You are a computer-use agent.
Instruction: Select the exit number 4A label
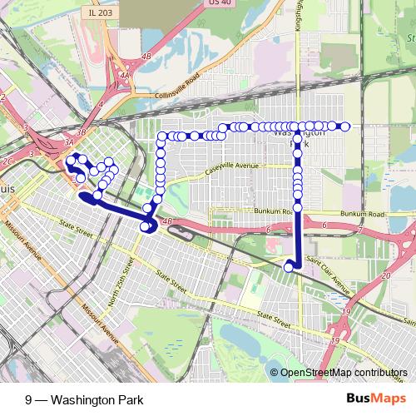click(124, 76)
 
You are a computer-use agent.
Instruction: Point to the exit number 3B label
click(81, 131)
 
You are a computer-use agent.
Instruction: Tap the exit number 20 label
click(384, 275)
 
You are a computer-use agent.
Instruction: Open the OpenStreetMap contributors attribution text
click(342, 374)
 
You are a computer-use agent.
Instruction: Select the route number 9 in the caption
click(29, 399)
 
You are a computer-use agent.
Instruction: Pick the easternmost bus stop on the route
click(344, 126)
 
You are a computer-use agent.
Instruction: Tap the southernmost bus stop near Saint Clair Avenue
click(290, 267)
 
